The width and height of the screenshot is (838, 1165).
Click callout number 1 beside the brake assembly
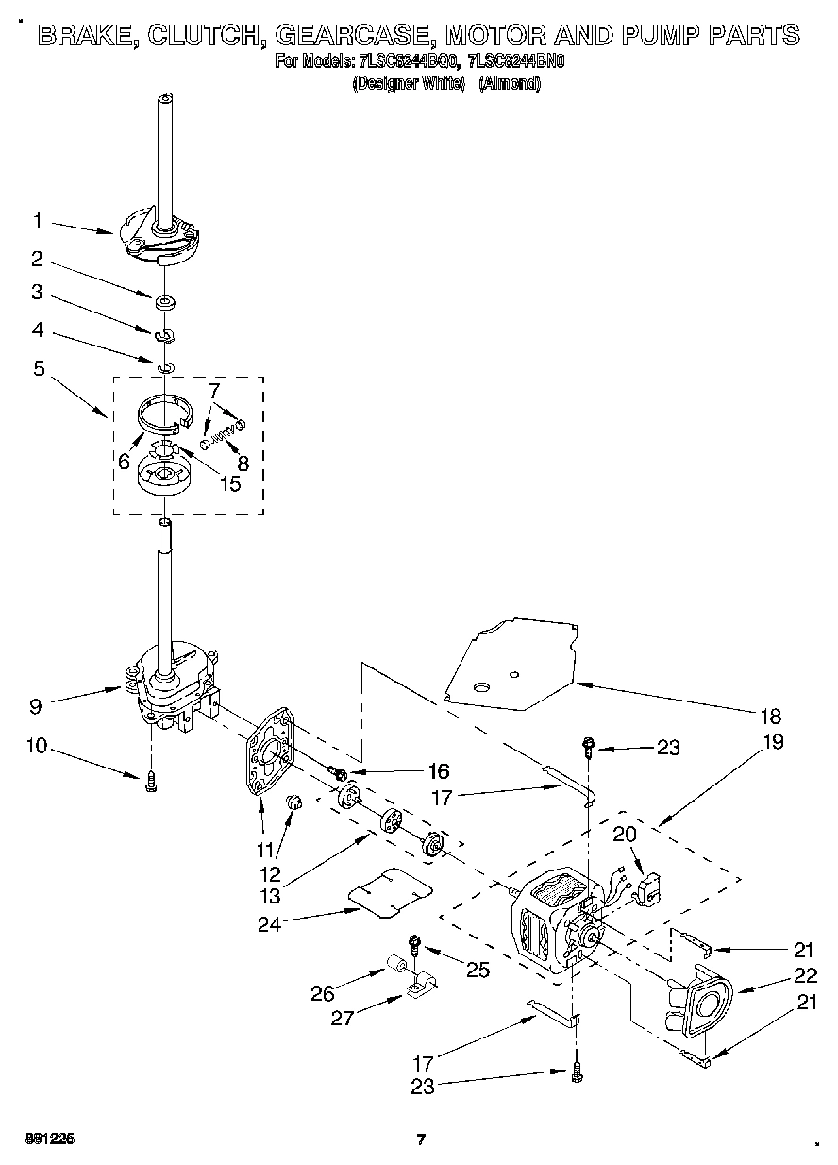tap(37, 221)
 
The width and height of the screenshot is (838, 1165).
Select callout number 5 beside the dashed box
tap(39, 369)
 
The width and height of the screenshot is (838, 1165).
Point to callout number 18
tap(773, 716)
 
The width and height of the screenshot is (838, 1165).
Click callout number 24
tap(270, 924)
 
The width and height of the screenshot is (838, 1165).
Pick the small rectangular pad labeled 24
tap(390, 892)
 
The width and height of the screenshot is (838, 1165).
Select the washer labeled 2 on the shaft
tap(166, 302)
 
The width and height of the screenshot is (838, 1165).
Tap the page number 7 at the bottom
tap(422, 1140)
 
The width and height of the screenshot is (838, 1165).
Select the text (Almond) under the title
tap(509, 84)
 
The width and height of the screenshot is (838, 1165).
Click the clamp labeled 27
tap(415, 988)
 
